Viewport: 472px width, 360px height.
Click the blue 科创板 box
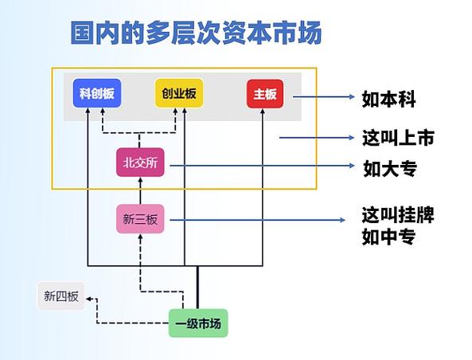coord(96,94)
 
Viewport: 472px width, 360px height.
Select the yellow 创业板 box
coord(178,94)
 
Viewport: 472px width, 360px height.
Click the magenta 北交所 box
coord(141,162)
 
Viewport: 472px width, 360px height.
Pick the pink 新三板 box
coord(140,219)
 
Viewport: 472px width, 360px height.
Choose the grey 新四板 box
coord(60,296)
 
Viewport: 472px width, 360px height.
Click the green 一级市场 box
coord(197,323)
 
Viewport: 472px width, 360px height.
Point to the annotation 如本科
coord(388,99)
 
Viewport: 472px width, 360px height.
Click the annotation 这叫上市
coord(398,137)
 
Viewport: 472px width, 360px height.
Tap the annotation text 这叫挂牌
coord(398,215)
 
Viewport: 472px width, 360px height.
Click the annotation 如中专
coord(388,237)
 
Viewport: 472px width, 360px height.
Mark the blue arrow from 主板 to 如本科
coord(322,97)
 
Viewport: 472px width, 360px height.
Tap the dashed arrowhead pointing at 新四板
coord(90,298)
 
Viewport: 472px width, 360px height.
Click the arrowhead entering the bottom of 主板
coord(262,112)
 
